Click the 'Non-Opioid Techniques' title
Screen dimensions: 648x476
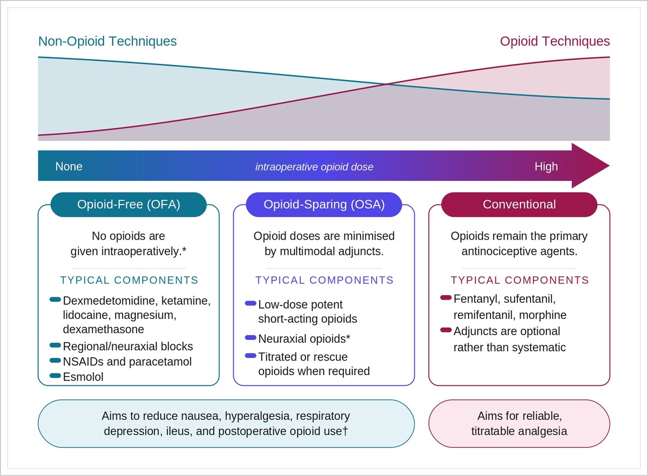tap(107, 42)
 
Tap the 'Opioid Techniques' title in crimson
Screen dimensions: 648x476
tap(555, 42)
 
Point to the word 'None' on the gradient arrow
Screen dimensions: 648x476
tap(69, 167)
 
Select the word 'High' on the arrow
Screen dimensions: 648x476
tap(546, 167)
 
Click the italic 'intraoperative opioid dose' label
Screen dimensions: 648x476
tap(314, 167)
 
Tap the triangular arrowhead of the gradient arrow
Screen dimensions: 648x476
tap(591, 166)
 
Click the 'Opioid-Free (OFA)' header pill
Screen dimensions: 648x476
tap(129, 205)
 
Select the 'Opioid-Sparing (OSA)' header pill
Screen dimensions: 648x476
tap(324, 205)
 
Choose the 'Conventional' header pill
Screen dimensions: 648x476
tap(519, 205)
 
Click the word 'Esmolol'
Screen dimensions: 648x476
tap(83, 377)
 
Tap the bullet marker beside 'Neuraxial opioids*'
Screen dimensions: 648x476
tap(251, 337)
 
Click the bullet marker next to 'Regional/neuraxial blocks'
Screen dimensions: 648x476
tap(55, 345)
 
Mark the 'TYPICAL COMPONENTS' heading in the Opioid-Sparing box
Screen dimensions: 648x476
tap(325, 280)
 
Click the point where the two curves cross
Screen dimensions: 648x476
tap(387, 84)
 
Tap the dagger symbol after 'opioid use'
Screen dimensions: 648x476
tap(345, 431)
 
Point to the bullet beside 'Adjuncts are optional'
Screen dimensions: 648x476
tap(446, 330)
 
